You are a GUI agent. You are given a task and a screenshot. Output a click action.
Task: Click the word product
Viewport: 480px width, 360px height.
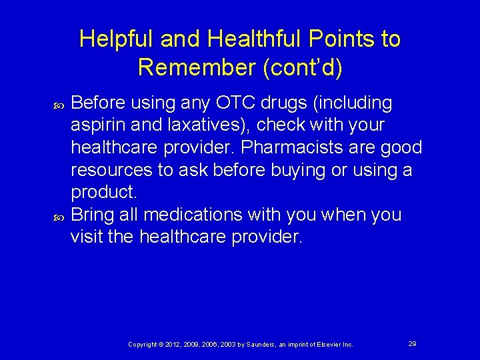tap(103, 193)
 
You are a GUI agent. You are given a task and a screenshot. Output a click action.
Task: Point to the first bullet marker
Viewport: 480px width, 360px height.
tap(57, 104)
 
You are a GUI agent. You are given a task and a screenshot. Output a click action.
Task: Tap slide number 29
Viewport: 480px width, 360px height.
tap(412, 343)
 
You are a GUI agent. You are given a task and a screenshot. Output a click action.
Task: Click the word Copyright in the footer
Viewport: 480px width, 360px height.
tap(143, 344)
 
